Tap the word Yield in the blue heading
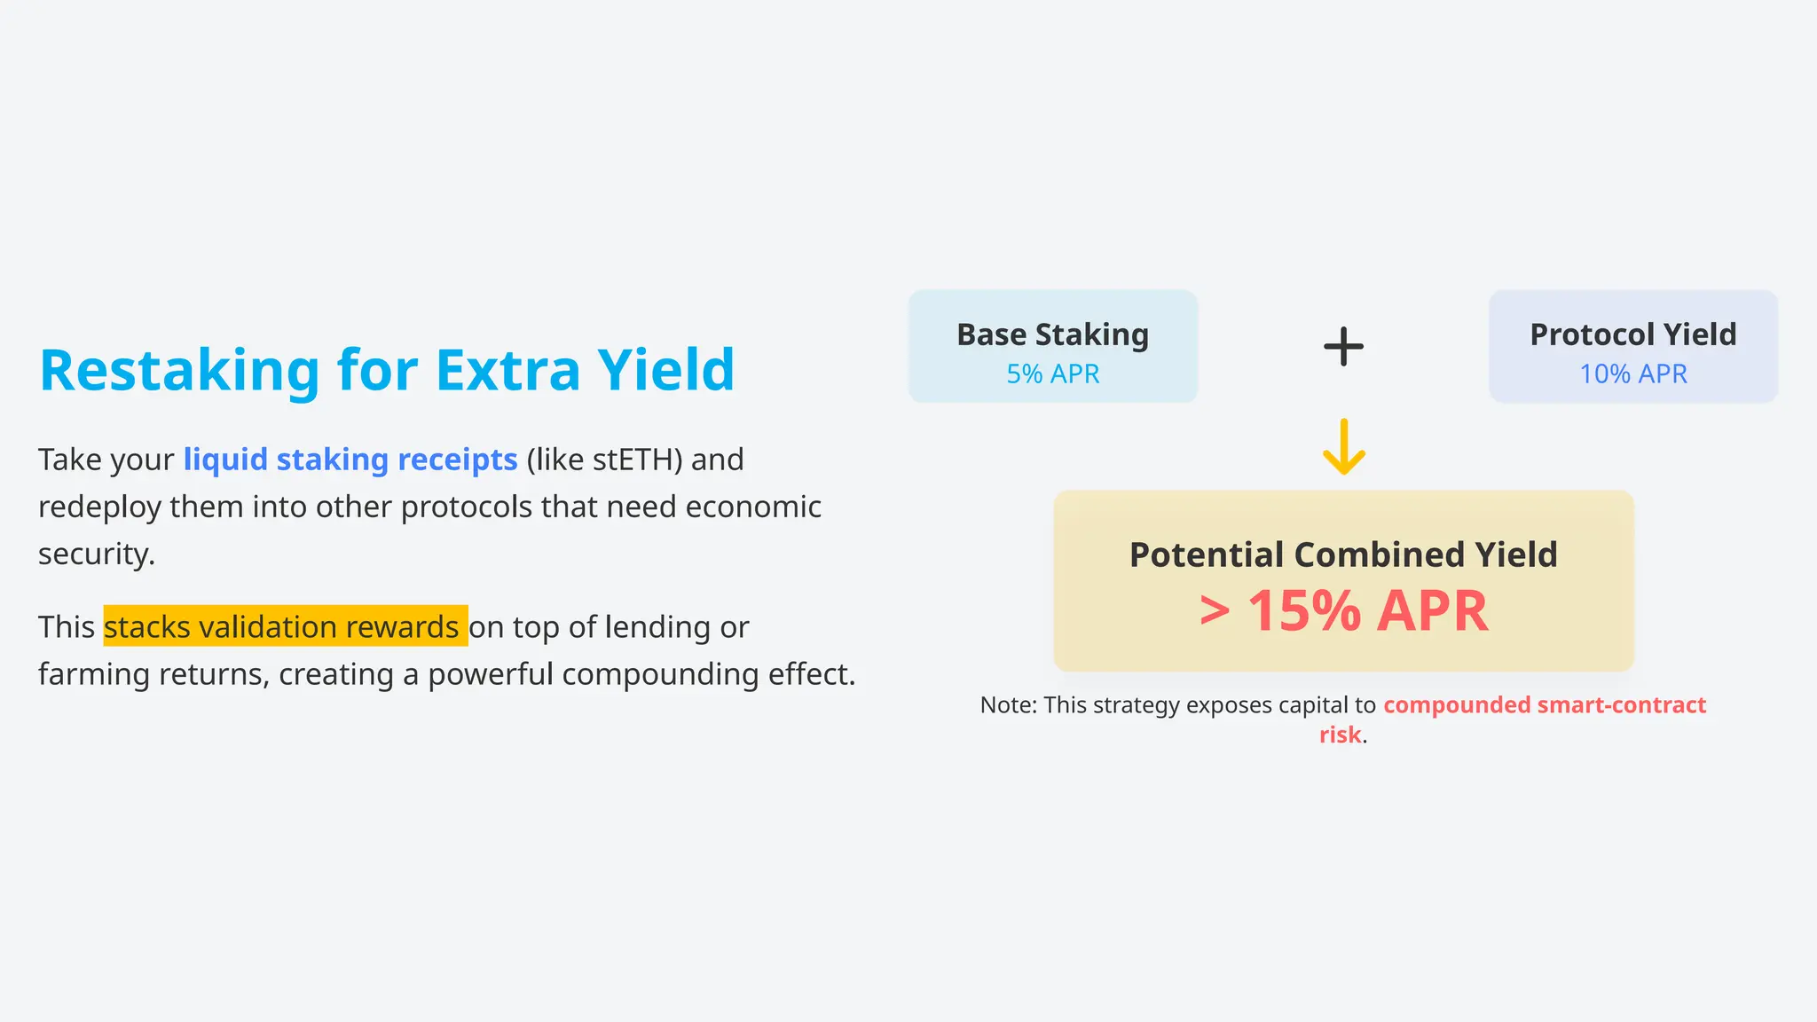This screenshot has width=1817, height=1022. point(665,370)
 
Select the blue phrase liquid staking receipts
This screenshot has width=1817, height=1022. point(350,460)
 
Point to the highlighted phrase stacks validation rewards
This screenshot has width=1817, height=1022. point(284,627)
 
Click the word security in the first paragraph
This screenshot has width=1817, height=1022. point(96,554)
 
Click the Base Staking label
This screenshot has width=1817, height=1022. point(1052,334)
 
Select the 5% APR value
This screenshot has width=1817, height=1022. point(1052,374)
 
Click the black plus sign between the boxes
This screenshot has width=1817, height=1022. point(1343,346)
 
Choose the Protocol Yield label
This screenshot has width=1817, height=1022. point(1632,334)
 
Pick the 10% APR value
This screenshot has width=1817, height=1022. point(1632,374)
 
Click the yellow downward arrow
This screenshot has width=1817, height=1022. point(1343,447)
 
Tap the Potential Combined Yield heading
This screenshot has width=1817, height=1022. point(1343,554)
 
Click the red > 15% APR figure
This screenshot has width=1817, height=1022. point(1343,611)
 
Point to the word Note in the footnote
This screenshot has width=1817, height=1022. point(1007,705)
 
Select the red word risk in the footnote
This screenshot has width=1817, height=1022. point(1340,735)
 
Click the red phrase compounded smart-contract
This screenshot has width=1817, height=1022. point(1544,705)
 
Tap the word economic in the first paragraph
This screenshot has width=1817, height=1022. point(753,507)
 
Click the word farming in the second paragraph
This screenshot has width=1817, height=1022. point(94,674)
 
